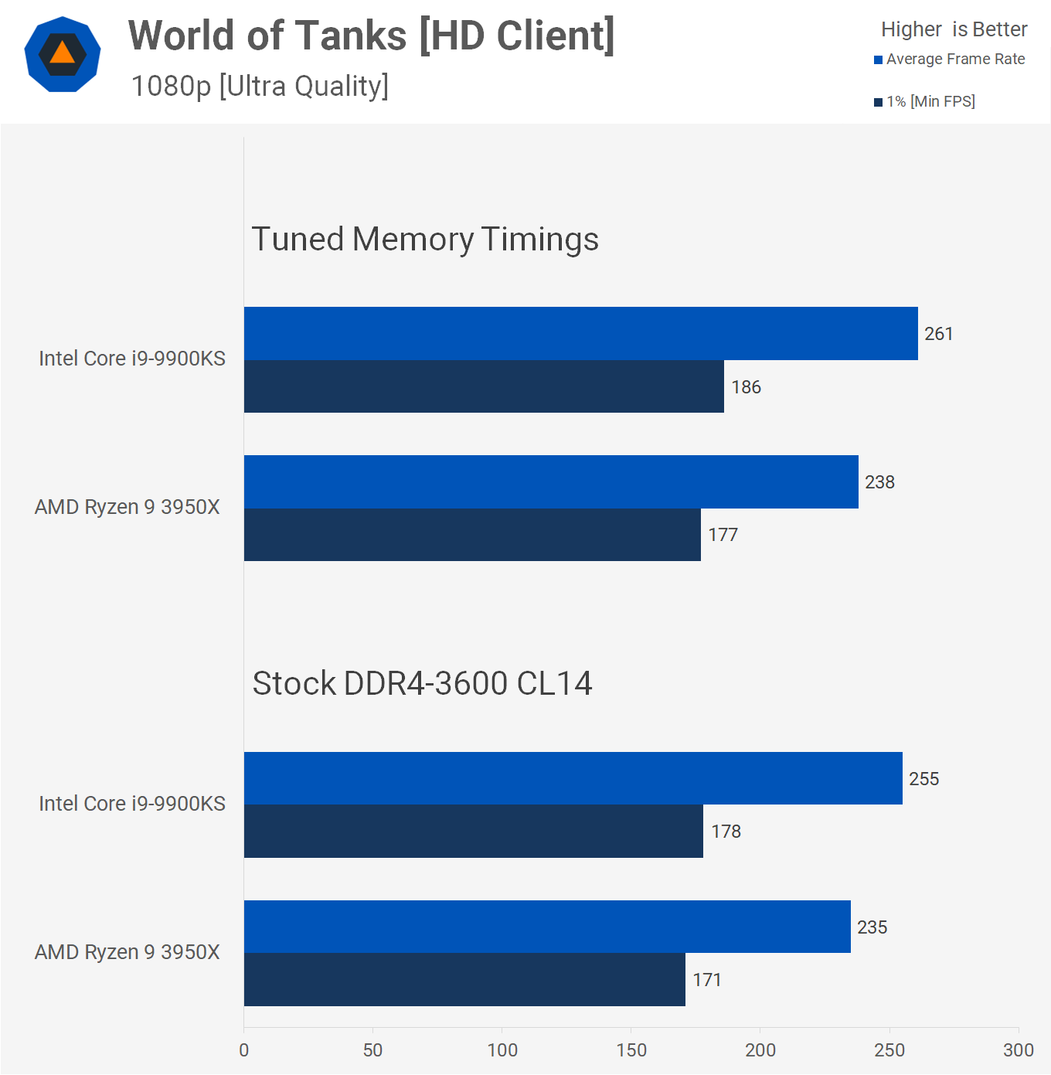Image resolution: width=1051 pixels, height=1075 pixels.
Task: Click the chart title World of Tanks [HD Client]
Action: [371, 36]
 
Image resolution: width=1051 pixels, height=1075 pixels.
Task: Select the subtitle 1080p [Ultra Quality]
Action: [260, 86]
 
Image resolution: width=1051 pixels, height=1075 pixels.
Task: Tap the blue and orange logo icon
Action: [63, 54]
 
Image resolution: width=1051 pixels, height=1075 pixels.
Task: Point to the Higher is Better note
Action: [954, 29]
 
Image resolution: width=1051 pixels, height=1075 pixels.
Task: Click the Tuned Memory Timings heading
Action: [425, 239]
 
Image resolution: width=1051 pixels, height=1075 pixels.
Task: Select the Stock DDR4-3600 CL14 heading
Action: [422, 683]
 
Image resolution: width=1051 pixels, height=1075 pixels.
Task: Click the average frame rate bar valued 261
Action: [580, 333]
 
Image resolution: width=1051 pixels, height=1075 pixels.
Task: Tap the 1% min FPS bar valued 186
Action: [484, 386]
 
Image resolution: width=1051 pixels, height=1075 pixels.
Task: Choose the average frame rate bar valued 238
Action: [551, 481]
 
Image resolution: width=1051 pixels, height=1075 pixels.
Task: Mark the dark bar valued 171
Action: [464, 980]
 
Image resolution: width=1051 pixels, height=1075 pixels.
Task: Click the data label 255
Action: [923, 779]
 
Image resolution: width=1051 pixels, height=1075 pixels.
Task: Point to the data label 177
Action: [723, 535]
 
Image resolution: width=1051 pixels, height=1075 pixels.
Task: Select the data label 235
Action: [872, 927]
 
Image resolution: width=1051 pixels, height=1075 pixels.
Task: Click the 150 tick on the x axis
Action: [631, 1050]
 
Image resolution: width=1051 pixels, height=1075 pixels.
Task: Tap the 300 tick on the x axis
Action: [1018, 1050]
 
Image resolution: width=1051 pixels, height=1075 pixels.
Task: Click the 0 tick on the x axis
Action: [244, 1050]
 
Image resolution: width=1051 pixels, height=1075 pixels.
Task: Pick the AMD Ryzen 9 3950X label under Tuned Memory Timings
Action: [128, 507]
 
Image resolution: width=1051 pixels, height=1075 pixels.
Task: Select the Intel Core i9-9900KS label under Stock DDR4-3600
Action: [132, 804]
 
